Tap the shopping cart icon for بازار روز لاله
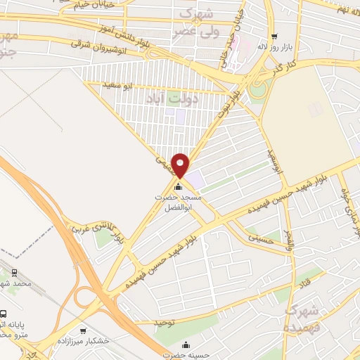pos(274,37)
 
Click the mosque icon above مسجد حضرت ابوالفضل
pos(177,187)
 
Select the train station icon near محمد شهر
pos(14,274)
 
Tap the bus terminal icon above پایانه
pos(4,314)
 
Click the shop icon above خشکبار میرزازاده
pos(84,330)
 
